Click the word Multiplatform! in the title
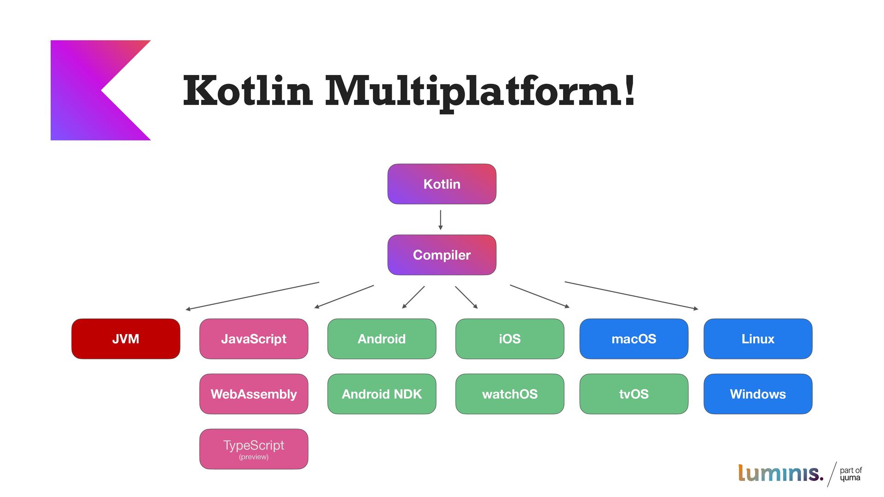coord(480,91)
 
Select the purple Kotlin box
coord(442,184)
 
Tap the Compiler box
coord(442,255)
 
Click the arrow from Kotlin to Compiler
coord(441,220)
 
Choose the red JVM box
coord(126,339)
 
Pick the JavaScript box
coord(254,339)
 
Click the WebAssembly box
coord(254,394)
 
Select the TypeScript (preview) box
coord(254,449)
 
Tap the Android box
coord(382,339)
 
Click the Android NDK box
coord(382,394)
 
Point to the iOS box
coord(510,339)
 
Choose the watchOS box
coord(510,394)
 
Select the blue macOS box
coord(634,339)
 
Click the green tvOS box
coord(634,394)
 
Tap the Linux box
coord(758,339)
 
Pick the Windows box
coord(758,394)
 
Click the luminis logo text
coord(780,473)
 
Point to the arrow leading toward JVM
coord(252,296)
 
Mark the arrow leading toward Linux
coord(631,295)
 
